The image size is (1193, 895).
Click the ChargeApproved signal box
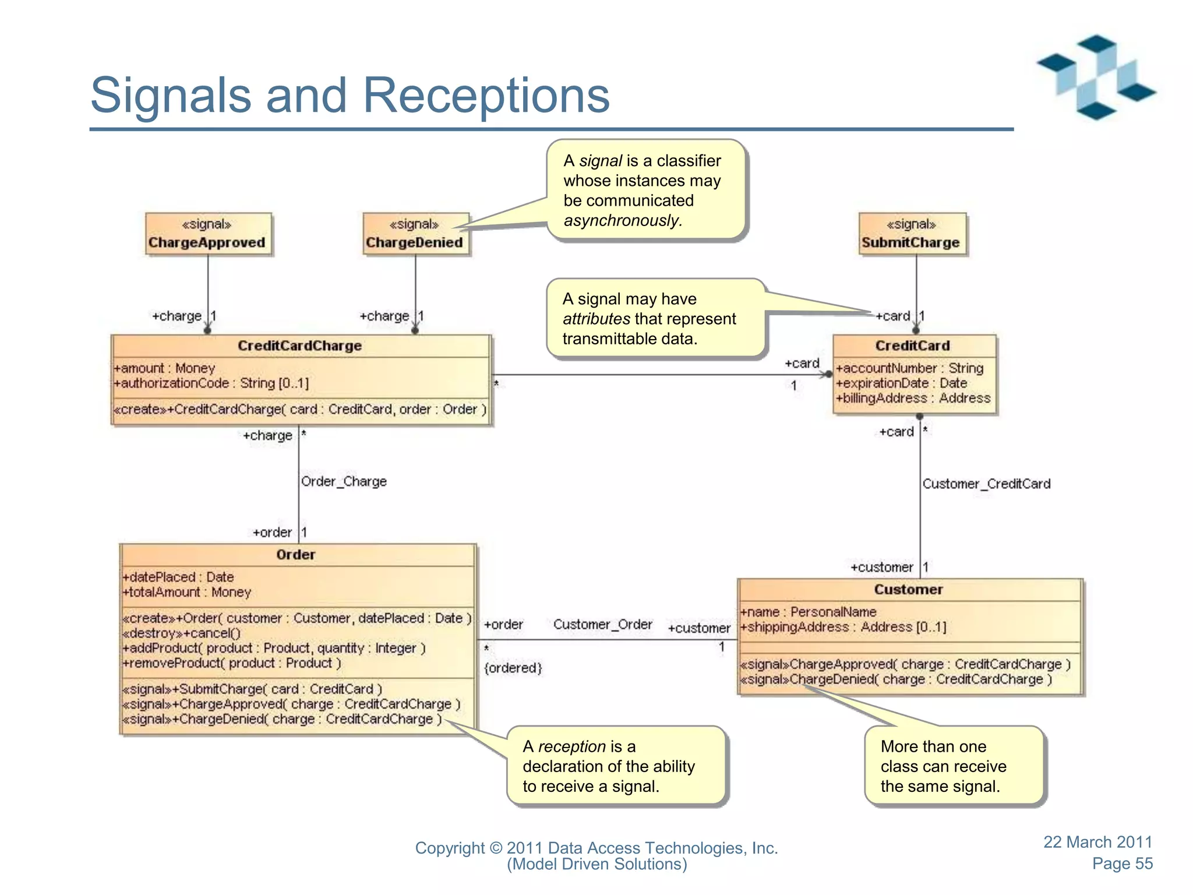click(208, 234)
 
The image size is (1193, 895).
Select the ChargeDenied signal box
click(415, 234)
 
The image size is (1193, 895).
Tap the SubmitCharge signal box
click(912, 234)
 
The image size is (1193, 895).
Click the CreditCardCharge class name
click(299, 346)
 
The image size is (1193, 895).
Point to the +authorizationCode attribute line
click(211, 383)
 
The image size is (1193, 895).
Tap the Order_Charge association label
click(344, 482)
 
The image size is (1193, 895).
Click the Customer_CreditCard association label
click(986, 484)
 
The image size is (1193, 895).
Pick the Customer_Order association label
click(602, 625)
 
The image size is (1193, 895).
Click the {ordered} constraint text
click(513, 668)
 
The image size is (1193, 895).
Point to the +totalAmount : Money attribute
click(186, 593)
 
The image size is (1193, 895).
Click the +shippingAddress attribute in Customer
click(843, 628)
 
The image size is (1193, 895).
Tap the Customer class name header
click(908, 590)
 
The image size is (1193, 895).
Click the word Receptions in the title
click(486, 95)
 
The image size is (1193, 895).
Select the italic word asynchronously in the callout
click(623, 221)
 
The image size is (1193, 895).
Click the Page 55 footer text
click(1122, 864)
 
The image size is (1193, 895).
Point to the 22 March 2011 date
click(1097, 842)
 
